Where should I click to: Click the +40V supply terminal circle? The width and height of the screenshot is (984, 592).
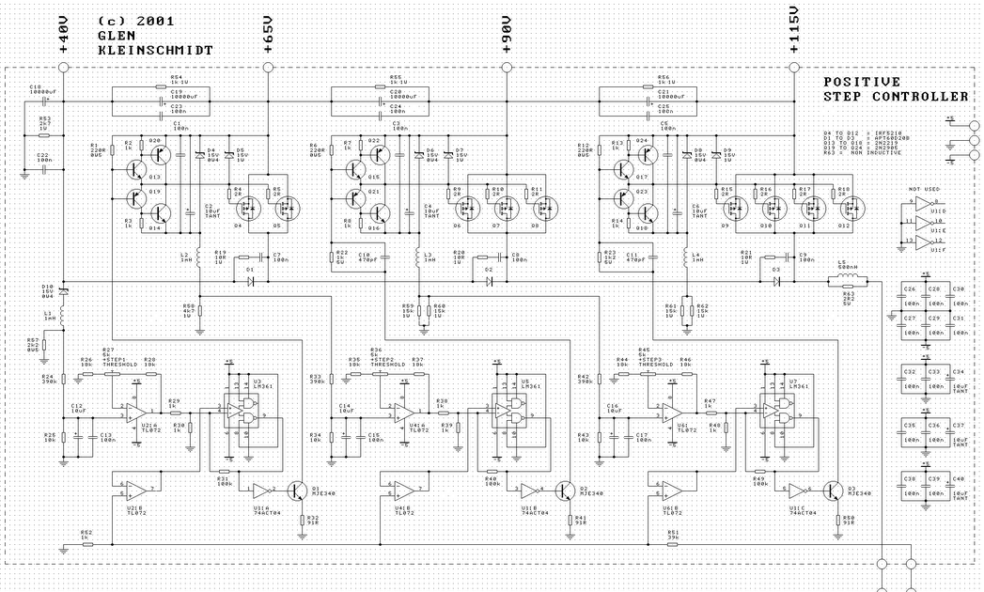click(x=63, y=67)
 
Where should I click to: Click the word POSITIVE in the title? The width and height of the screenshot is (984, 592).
click(x=862, y=83)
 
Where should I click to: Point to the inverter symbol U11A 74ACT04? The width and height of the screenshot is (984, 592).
click(x=260, y=491)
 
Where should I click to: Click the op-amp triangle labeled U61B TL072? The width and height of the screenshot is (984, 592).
click(x=669, y=490)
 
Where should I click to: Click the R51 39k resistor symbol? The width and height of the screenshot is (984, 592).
click(x=673, y=542)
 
